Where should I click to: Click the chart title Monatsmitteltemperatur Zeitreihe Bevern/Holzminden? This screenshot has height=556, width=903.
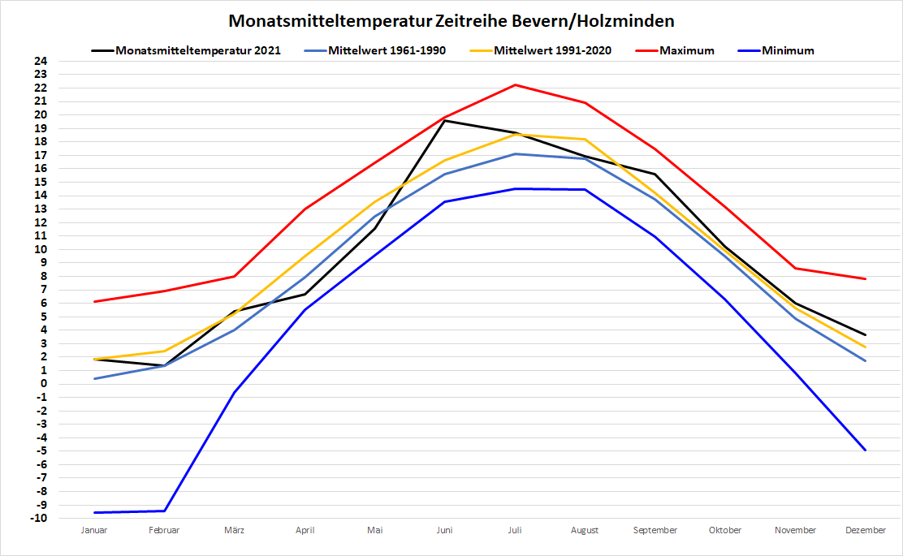click(451, 20)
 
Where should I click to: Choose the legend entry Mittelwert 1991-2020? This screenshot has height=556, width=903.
click(552, 50)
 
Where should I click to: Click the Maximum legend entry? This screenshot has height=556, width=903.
click(686, 50)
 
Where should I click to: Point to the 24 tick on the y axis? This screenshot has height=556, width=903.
click(41, 61)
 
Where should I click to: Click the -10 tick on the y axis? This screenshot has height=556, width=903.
click(39, 518)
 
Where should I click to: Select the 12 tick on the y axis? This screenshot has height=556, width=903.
click(41, 222)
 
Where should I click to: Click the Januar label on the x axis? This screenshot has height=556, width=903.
click(94, 530)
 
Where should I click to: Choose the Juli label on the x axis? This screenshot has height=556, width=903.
click(515, 530)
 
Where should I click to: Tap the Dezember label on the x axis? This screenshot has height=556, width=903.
click(866, 530)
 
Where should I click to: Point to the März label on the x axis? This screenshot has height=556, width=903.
click(235, 530)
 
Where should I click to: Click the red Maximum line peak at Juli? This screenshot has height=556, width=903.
click(515, 84)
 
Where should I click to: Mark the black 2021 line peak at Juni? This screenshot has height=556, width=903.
click(445, 120)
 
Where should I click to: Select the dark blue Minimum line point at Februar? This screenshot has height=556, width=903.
click(164, 511)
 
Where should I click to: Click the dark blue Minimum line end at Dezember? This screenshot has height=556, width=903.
click(866, 450)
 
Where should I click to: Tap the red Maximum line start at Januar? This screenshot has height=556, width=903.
click(94, 301)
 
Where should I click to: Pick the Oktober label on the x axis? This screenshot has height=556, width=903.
click(725, 530)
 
